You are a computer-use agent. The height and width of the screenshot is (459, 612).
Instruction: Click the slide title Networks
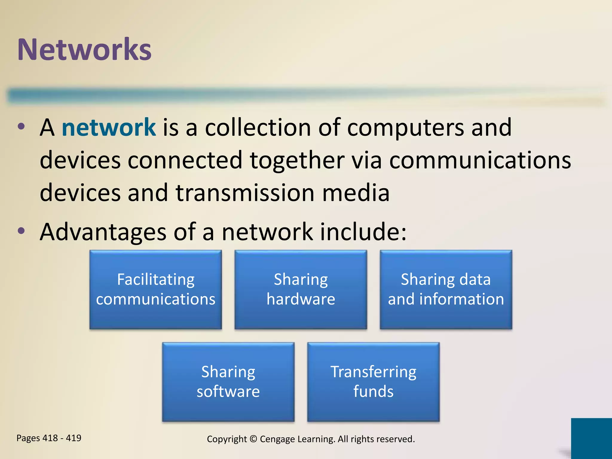84,50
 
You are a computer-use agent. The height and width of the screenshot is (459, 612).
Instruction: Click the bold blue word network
108,128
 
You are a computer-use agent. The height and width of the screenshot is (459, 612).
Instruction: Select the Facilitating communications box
155,289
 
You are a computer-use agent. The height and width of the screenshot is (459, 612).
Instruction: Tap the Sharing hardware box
301,289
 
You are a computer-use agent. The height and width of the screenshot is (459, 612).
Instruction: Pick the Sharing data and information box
446,289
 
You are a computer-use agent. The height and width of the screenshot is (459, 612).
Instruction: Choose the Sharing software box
228,382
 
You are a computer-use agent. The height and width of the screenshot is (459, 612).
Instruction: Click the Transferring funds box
373,382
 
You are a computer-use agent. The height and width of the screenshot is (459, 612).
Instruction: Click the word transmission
245,193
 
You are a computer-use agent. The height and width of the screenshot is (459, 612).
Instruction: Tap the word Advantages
103,232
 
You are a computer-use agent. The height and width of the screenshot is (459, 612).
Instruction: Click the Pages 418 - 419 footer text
49,438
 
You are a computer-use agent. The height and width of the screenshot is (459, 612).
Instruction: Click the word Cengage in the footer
276,439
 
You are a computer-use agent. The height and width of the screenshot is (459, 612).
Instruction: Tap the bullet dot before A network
21,127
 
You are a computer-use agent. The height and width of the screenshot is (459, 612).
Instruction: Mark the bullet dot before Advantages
21,231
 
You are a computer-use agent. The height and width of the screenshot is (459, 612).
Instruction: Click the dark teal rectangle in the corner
591,438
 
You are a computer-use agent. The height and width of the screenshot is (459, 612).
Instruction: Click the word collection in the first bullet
258,128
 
